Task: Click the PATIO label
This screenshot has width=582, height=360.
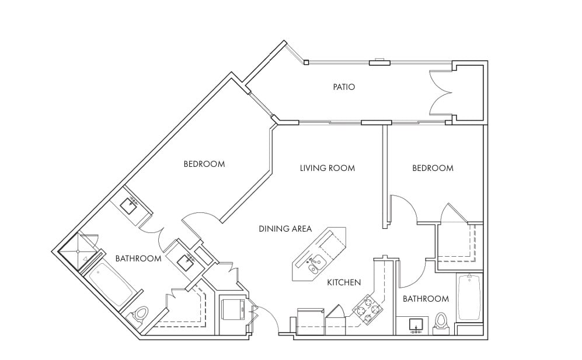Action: (344, 87)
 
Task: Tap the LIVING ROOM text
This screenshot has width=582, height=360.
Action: (327, 168)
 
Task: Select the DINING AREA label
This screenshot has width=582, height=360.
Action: (285, 229)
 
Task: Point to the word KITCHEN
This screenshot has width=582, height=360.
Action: (344, 282)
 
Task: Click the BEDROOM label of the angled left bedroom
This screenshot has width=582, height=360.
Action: (204, 164)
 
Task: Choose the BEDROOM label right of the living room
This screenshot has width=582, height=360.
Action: (433, 168)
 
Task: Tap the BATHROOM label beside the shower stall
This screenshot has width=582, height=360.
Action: (138, 258)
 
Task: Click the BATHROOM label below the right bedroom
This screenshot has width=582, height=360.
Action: (426, 298)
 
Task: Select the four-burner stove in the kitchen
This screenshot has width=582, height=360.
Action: (367, 307)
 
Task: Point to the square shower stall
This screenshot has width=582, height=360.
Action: (78, 251)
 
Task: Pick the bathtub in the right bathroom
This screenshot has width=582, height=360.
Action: (469, 298)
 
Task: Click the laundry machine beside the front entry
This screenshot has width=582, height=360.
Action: (233, 309)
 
